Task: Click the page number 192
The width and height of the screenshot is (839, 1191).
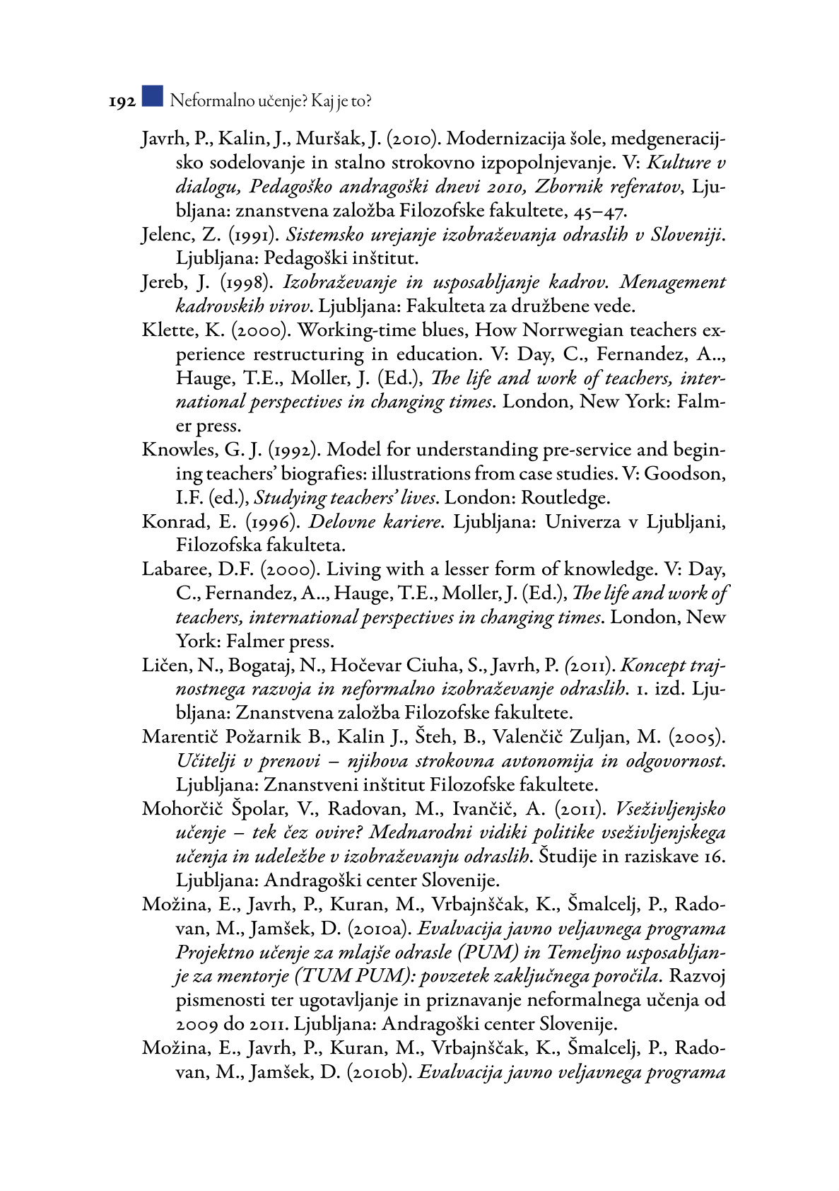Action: [x=122, y=103]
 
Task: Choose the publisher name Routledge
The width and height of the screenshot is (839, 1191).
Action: [x=565, y=498]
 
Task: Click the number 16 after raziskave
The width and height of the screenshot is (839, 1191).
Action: [x=715, y=856]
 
